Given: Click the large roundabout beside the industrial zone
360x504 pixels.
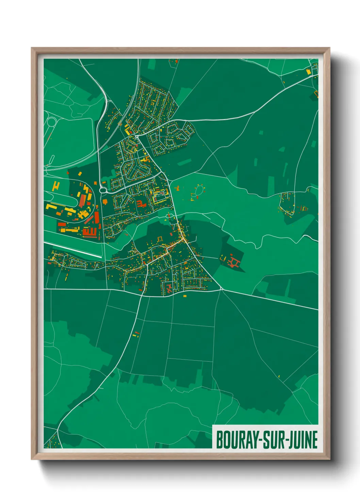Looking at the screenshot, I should [x=103, y=190].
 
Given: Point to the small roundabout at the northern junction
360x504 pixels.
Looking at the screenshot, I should [x=136, y=136].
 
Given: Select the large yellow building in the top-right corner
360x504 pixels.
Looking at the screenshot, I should [x=309, y=72].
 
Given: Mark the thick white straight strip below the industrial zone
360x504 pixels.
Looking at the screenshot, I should [x=73, y=250].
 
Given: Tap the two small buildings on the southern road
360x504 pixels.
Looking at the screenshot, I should [x=136, y=334].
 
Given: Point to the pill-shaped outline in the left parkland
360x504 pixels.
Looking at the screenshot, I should [x=52, y=159].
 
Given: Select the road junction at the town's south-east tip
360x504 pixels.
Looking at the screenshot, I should [x=221, y=290].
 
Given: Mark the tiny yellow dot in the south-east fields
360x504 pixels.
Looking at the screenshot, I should [x=279, y=376].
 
